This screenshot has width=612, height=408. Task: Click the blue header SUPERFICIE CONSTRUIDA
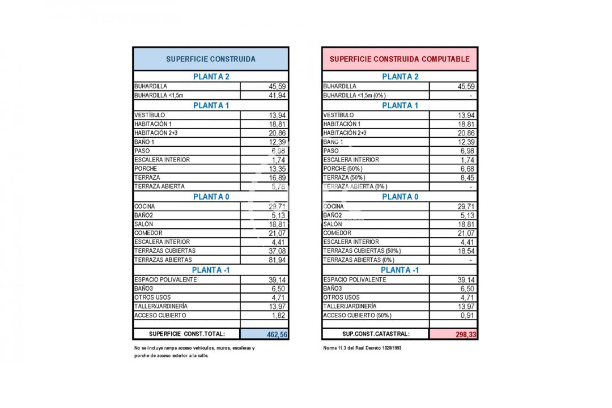[x=210, y=59]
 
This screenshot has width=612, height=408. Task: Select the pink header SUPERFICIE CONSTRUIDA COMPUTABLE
[x=399, y=59]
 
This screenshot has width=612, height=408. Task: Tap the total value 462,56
[x=277, y=335]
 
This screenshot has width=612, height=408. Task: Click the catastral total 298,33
[x=466, y=335]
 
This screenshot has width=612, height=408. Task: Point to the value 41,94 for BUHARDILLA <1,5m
[x=277, y=96]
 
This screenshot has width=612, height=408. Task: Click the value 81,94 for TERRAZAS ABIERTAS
[x=277, y=260]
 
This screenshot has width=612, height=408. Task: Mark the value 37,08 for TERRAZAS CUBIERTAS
[x=277, y=251]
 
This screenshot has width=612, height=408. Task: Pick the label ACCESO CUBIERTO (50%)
[x=357, y=316]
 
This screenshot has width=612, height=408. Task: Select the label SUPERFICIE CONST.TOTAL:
[x=187, y=334]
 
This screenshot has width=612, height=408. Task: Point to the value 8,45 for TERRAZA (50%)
[x=466, y=178]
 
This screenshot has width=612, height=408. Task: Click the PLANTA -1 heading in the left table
[x=210, y=270]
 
